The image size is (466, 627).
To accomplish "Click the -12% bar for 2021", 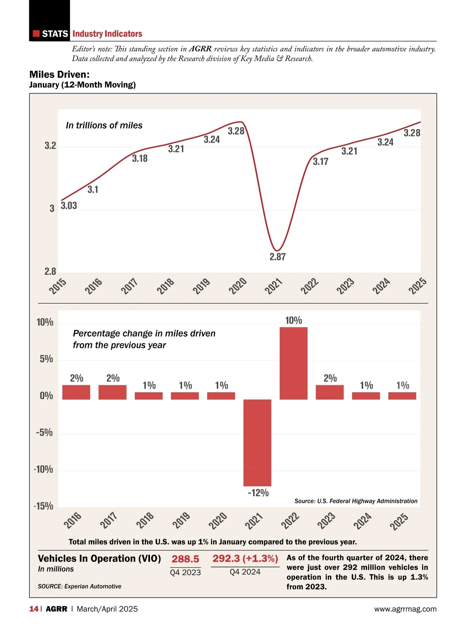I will click(257, 442).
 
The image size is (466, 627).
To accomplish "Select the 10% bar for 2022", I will click(293, 363).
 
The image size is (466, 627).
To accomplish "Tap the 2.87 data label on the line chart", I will click(278, 257).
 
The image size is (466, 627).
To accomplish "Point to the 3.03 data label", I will click(69, 206).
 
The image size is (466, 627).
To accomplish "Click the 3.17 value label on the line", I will click(320, 162).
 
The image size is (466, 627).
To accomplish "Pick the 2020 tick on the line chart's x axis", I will click(237, 286).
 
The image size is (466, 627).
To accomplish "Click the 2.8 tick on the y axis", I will click(50, 271).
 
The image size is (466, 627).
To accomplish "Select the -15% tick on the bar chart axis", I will click(44, 506).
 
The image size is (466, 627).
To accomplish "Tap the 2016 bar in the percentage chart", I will click(76, 392).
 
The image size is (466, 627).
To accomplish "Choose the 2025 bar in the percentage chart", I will click(402, 396).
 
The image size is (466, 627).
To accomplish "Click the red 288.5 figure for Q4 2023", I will click(185, 559).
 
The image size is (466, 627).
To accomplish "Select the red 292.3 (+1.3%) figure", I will click(245, 559).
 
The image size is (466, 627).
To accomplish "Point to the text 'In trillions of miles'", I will click(104, 126).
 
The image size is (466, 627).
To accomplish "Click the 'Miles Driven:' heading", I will click(59, 74).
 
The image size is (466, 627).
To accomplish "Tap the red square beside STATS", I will click(36, 34).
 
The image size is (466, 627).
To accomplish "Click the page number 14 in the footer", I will click(34, 609).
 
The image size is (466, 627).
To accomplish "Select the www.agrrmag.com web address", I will click(405, 609).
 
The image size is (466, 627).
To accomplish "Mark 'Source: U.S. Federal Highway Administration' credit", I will click(356, 501).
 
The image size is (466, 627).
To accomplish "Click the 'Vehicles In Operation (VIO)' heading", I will click(99, 559).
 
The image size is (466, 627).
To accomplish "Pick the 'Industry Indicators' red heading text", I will click(107, 34).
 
